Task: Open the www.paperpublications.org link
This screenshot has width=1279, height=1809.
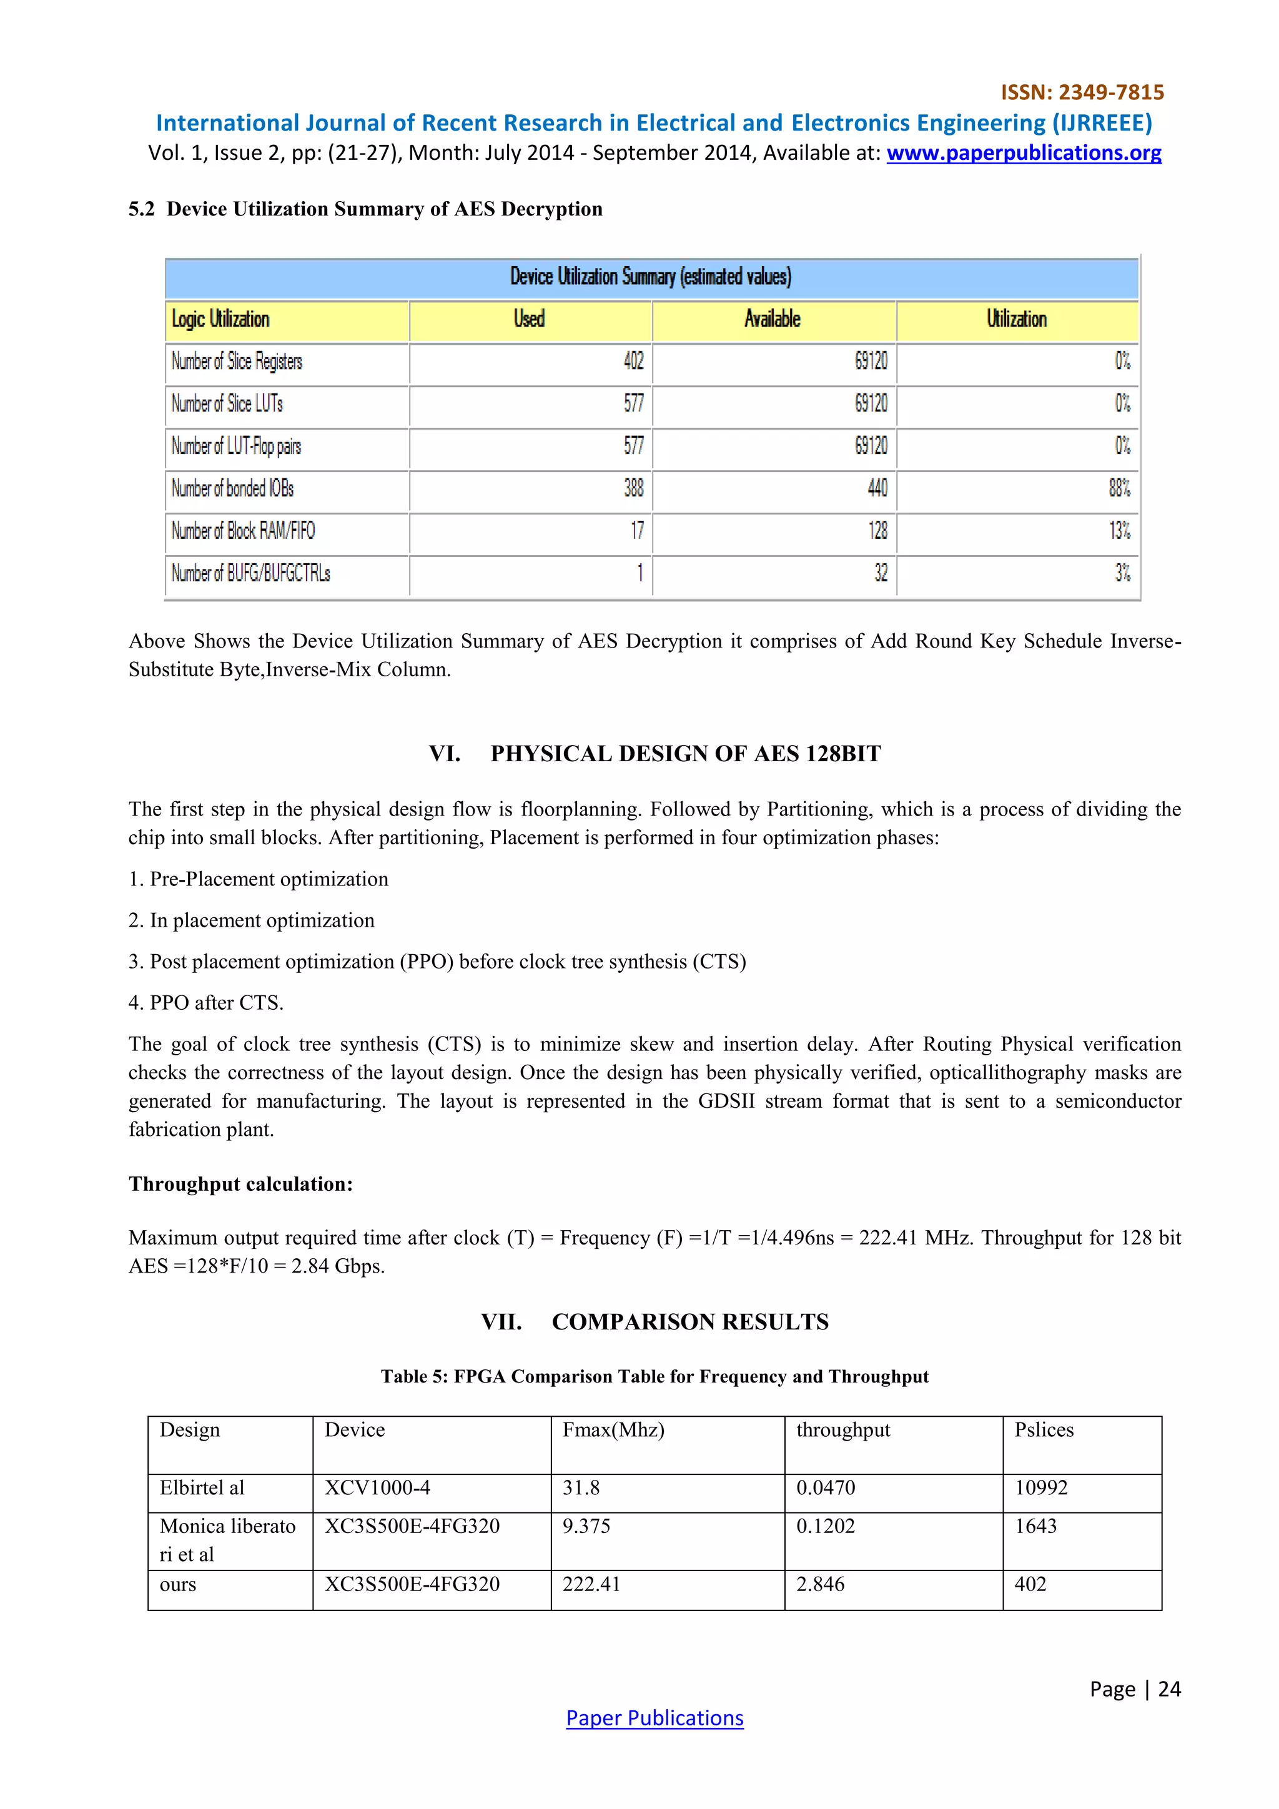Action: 1023,153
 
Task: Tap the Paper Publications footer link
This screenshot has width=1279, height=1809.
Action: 654,1718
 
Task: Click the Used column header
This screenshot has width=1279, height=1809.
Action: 529,319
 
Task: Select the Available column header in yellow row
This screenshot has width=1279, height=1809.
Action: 773,319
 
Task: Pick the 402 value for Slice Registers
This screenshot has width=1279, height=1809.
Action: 634,362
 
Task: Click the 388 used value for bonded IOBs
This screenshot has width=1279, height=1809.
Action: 634,488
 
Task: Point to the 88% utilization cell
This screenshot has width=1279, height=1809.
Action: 1119,488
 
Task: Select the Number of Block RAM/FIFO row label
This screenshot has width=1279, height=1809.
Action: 244,531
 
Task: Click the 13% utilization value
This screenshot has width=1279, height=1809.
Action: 1119,531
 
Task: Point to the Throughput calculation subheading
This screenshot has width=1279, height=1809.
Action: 240,1184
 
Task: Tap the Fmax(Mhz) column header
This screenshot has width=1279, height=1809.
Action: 613,1430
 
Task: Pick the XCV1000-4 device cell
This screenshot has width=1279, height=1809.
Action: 377,1487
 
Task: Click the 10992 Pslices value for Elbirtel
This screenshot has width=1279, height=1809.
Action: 1040,1487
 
